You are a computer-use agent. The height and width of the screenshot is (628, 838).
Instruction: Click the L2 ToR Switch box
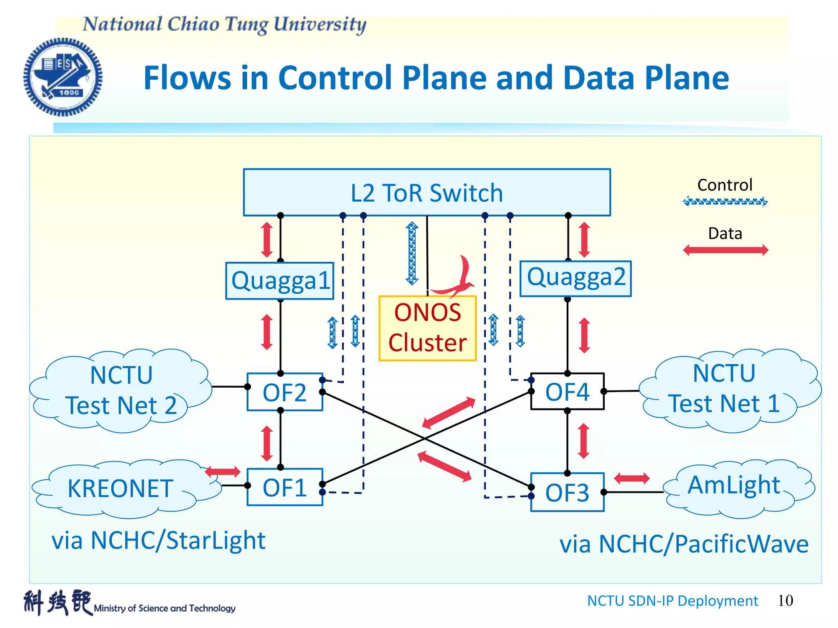pyautogui.click(x=427, y=192)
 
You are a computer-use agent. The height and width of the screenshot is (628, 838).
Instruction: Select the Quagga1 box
pyautogui.click(x=280, y=281)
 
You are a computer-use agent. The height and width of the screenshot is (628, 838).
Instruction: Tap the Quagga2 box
pyautogui.click(x=575, y=278)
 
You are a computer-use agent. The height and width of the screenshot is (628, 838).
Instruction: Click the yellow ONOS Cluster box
pyautogui.click(x=428, y=328)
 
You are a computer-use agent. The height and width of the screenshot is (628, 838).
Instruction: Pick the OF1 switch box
pyautogui.click(x=285, y=487)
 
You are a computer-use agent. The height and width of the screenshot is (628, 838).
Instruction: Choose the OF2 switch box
pyautogui.click(x=285, y=392)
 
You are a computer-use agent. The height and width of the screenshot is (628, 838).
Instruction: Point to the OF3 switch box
pyautogui.click(x=567, y=492)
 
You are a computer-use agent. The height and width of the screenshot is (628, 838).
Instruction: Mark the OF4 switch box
pyautogui.click(x=567, y=391)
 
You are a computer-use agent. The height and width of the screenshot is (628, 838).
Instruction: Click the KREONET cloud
pyautogui.click(x=121, y=489)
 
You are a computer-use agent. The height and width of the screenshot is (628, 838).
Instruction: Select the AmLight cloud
pyautogui.click(x=734, y=487)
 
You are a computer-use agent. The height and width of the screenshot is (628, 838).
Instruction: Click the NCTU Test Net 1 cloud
pyautogui.click(x=724, y=389)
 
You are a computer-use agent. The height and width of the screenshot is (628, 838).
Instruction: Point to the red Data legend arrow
pyautogui.click(x=725, y=250)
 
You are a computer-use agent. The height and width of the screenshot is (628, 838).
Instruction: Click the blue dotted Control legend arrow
pyautogui.click(x=725, y=202)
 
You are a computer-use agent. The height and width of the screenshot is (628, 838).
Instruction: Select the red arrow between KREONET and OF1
pyautogui.click(x=223, y=471)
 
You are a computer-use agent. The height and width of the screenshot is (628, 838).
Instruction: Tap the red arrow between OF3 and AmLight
pyautogui.click(x=632, y=478)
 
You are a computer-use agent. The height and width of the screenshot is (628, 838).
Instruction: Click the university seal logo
pyautogui.click(x=63, y=77)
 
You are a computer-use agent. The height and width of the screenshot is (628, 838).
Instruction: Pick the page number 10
pyautogui.click(x=785, y=601)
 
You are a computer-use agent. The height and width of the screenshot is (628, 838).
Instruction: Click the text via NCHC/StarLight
pyautogui.click(x=158, y=541)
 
